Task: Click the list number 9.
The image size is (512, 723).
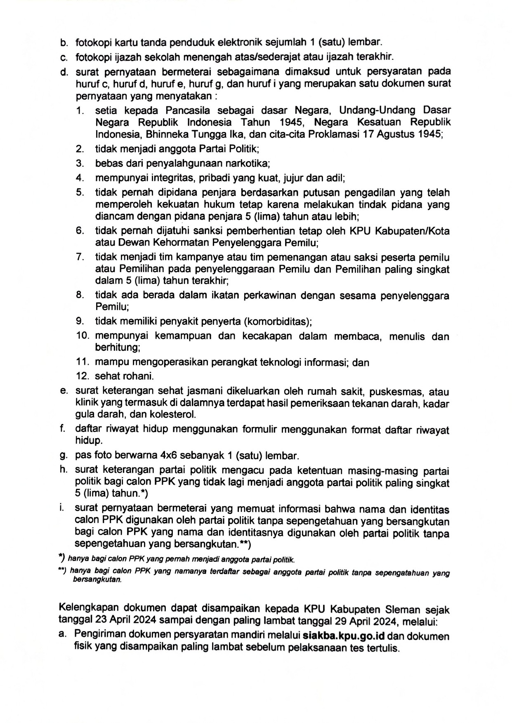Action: (x=80, y=321)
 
